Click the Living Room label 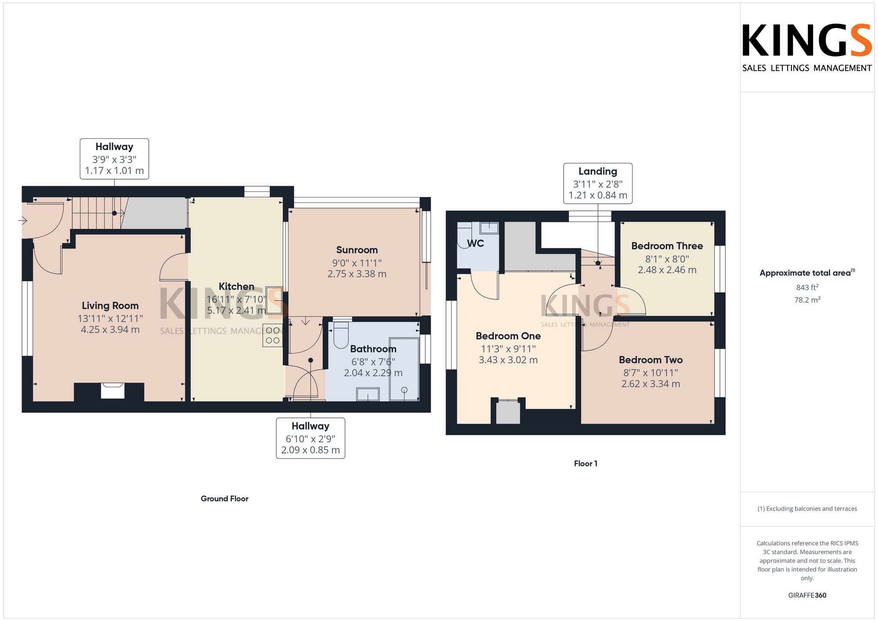tap(110, 306)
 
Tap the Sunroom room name tap(357, 250)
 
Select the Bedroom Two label tap(651, 360)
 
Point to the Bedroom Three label tap(667, 246)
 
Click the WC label tap(475, 244)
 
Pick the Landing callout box tap(598, 183)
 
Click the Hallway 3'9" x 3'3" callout tap(114, 159)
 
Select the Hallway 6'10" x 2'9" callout tap(310, 438)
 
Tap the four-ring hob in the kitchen tap(273, 335)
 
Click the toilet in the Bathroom tap(341, 335)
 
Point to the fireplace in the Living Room tap(113, 391)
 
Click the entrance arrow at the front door tap(23, 220)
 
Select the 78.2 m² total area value tap(807, 300)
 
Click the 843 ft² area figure tap(807, 287)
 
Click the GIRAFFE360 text tap(807, 596)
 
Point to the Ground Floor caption tap(224, 499)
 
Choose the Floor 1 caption tap(586, 463)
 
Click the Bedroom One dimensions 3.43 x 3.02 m tap(508, 360)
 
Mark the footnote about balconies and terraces tap(807, 509)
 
